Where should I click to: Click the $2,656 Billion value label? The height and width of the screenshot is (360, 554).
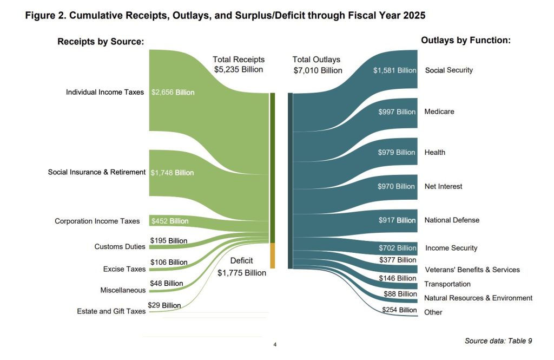[173, 92]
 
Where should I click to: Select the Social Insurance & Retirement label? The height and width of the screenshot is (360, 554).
[97, 172]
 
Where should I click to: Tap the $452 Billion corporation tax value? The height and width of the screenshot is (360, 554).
[169, 221]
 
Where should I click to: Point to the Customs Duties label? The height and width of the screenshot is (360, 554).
[120, 247]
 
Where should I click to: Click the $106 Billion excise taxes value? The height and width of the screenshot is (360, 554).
[169, 262]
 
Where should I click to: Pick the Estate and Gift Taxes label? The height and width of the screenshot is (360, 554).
[111, 311]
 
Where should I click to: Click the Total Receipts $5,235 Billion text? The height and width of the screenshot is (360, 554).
[239, 64]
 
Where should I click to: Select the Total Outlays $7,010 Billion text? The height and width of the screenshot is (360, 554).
[317, 65]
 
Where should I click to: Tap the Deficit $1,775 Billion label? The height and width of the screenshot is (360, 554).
[242, 267]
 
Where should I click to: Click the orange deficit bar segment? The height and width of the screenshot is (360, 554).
[273, 255]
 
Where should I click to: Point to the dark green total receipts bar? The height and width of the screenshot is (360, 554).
[273, 168]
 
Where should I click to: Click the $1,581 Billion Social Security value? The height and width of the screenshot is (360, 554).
[394, 70]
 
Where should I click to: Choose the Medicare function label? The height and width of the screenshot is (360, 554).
[439, 112]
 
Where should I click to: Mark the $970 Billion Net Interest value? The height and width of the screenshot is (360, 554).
[397, 186]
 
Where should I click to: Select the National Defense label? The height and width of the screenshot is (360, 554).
[452, 220]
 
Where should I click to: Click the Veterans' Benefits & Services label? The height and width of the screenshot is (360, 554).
[472, 270]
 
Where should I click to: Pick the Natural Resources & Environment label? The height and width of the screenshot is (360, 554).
[478, 298]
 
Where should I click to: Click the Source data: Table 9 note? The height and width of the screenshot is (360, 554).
[498, 341]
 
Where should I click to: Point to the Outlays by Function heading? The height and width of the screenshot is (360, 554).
[466, 41]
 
